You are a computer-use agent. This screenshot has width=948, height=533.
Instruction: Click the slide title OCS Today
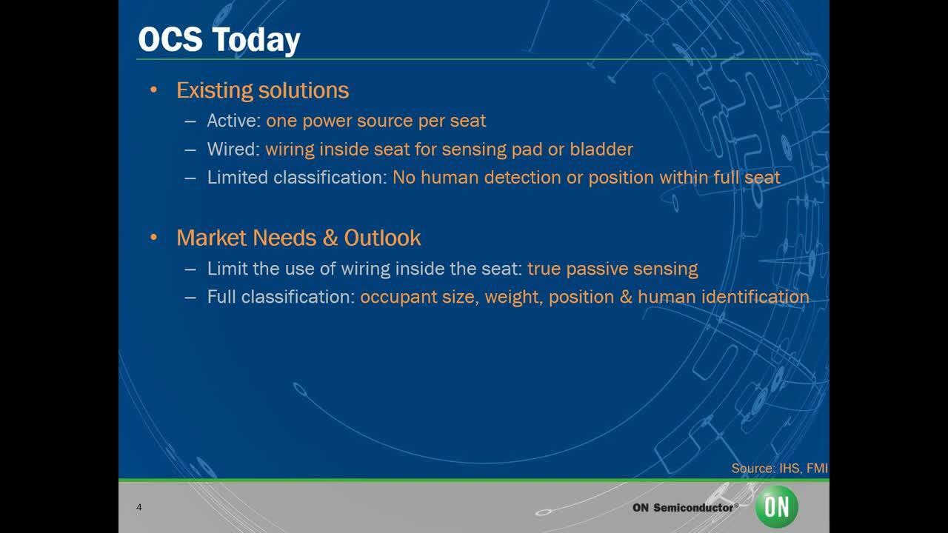[218, 39]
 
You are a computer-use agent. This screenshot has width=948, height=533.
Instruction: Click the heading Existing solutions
[262, 90]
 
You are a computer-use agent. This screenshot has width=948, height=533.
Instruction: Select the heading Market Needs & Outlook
[298, 238]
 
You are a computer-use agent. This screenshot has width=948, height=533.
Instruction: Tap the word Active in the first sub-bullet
[233, 121]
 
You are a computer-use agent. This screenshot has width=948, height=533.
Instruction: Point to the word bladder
[601, 150]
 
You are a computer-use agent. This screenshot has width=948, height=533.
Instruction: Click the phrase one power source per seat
[375, 121]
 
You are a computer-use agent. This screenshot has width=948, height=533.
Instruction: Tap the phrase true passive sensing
[612, 269]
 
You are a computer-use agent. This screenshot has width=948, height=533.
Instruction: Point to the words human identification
[723, 298]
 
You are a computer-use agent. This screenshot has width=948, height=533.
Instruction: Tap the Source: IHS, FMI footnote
[779, 468]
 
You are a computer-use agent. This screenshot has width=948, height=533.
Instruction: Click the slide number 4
[139, 507]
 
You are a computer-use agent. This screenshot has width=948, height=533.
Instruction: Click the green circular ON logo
[777, 507]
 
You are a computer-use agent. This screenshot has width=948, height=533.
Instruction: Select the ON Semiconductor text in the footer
[684, 508]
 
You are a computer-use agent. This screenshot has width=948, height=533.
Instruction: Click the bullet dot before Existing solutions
[154, 91]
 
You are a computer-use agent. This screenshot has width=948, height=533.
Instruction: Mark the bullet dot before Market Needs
[154, 238]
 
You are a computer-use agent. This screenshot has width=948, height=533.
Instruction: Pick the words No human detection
[452, 178]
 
